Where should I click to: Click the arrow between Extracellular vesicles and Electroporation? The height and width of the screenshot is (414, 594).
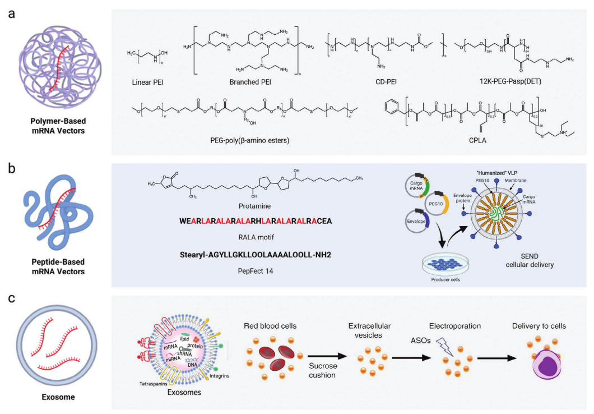(411, 357)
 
